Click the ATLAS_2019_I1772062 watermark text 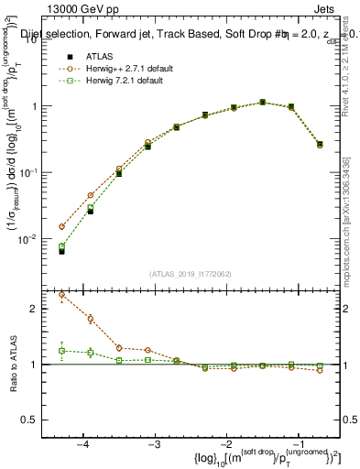[191, 273]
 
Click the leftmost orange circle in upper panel [62, 226]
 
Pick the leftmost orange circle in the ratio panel [62, 295]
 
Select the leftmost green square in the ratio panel [62, 351]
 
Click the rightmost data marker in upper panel [320, 144]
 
